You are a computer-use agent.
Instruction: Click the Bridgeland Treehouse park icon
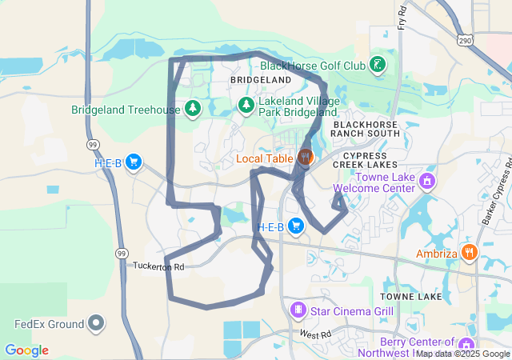click(x=192, y=108)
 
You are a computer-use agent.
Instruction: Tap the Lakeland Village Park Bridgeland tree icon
click(x=246, y=106)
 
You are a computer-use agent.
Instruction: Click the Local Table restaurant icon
click(x=305, y=158)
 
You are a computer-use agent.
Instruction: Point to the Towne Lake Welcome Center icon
click(x=427, y=182)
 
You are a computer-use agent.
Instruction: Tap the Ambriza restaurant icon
click(x=470, y=254)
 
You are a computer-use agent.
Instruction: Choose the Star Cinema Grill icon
click(x=298, y=310)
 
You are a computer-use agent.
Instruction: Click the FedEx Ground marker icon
click(x=96, y=324)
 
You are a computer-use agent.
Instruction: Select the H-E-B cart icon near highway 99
click(x=133, y=162)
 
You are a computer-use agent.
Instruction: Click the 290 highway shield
click(x=465, y=40)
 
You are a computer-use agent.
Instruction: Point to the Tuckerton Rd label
click(x=158, y=266)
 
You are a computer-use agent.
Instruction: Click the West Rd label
click(x=315, y=334)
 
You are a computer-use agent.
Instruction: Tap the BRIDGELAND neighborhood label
click(x=260, y=82)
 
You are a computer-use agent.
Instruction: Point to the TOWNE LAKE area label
click(x=413, y=297)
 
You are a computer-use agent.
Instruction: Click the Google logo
click(x=26, y=350)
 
